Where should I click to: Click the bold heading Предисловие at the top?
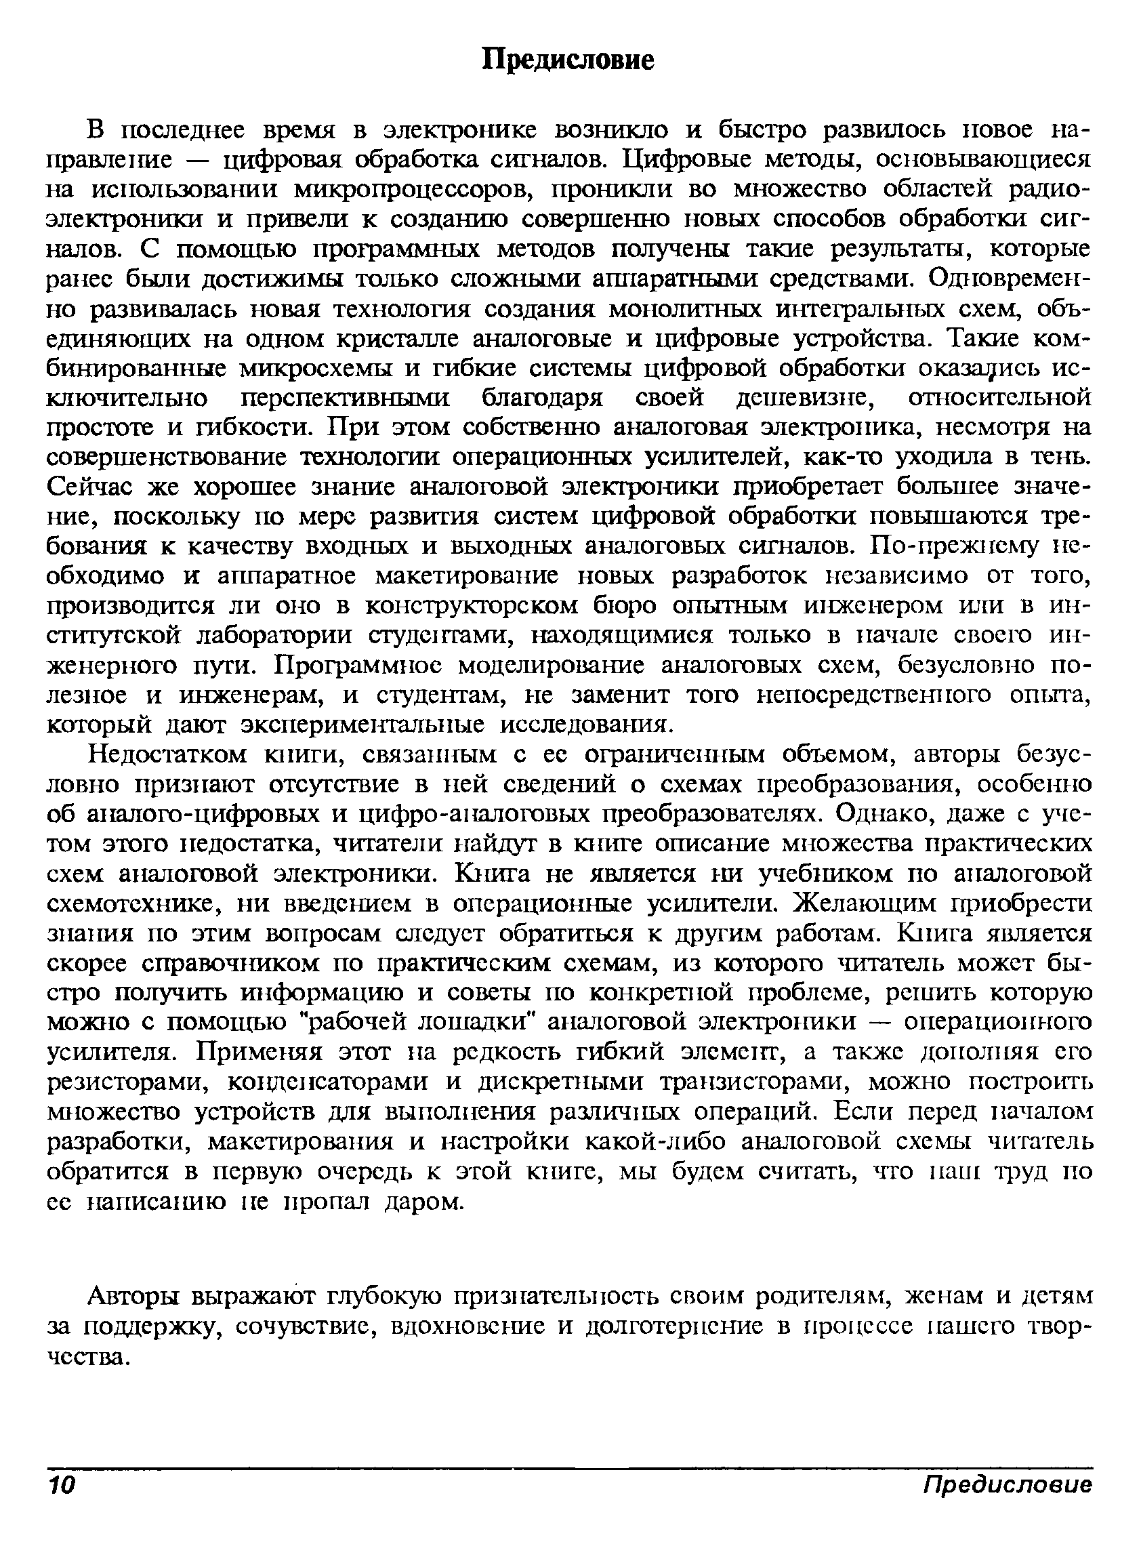click(x=567, y=60)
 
